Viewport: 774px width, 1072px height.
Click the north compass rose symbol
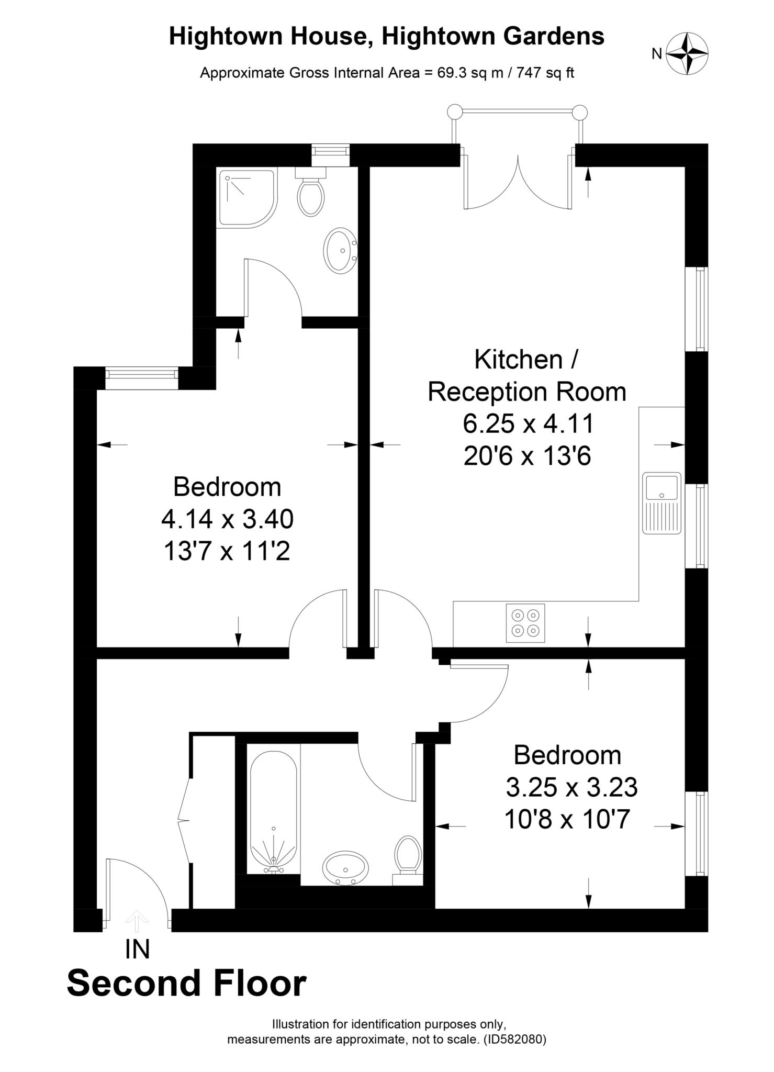[x=687, y=53]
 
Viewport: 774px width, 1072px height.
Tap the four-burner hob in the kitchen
[x=525, y=623]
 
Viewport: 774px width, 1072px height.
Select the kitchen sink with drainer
[x=662, y=502]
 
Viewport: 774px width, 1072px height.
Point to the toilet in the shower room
[x=311, y=194]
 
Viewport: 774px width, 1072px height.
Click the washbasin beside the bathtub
[x=345, y=867]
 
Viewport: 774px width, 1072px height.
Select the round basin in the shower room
[x=341, y=250]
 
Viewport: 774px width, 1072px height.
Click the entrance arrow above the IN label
[x=137, y=921]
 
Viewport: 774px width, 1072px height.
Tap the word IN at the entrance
[x=137, y=950]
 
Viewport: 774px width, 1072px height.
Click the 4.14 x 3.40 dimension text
[x=227, y=519]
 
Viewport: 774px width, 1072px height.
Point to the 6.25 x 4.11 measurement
[x=528, y=423]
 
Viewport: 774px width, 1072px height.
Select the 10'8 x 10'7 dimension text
[x=566, y=819]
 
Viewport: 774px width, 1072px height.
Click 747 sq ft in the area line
[x=545, y=73]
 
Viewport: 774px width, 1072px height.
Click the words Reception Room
[x=526, y=392]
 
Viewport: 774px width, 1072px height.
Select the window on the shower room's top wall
[x=330, y=155]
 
